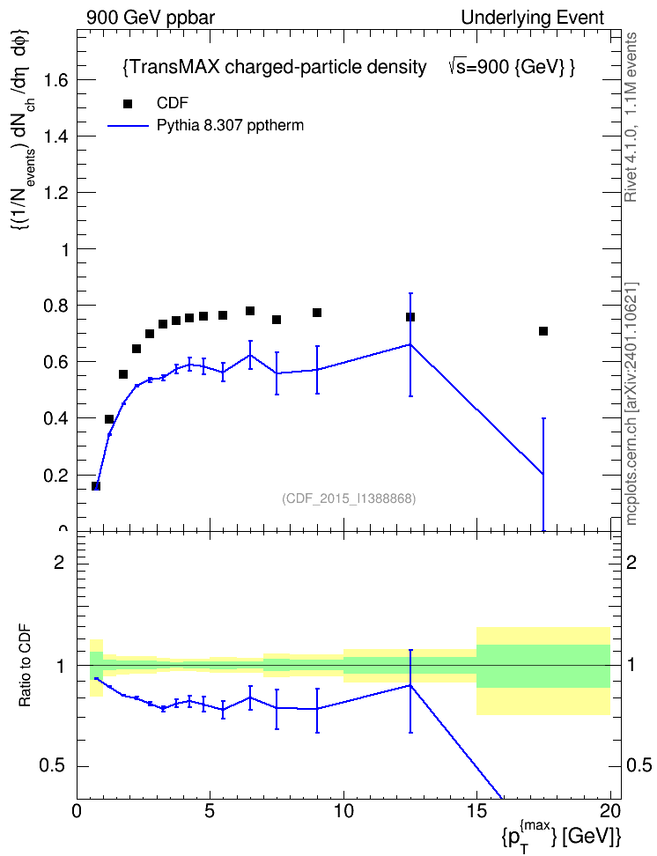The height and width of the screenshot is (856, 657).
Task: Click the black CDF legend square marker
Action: (127, 104)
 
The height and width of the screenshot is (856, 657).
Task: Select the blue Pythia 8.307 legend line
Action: (128, 126)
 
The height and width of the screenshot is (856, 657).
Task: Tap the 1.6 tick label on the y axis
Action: (55, 80)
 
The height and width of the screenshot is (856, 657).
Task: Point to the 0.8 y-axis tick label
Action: (55, 306)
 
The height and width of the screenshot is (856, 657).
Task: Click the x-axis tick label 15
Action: (476, 811)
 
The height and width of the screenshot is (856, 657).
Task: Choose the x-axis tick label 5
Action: (210, 811)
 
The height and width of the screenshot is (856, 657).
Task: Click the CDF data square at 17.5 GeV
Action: (543, 331)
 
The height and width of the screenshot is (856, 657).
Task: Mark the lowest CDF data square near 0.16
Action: (96, 486)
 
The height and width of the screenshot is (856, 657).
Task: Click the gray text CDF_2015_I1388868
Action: (349, 498)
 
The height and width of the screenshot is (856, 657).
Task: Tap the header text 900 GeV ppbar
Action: (151, 18)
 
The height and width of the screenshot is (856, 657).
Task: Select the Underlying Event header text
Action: (533, 18)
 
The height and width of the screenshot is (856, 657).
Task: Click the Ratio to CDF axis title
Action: (25, 666)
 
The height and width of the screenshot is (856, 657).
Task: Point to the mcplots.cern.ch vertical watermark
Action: (631, 403)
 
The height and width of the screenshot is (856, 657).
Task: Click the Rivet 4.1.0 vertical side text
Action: (631, 117)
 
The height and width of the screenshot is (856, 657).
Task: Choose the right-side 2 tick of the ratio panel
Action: (631, 562)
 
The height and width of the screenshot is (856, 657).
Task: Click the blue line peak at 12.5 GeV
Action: (410, 344)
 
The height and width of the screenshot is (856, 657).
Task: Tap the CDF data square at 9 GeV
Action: (317, 313)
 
